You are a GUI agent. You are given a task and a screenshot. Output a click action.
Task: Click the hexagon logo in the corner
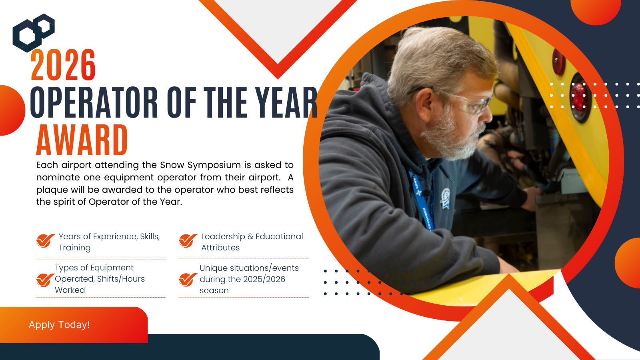[34, 33]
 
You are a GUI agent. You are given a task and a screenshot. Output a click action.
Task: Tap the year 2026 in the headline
[63, 65]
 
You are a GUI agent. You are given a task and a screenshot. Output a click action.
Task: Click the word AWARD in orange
[82, 140]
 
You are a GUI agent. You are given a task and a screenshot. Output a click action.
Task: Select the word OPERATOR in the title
[94, 102]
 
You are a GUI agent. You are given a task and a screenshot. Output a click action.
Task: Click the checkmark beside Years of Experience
[45, 240]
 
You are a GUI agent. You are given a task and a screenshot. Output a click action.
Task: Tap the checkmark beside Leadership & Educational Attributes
[188, 240]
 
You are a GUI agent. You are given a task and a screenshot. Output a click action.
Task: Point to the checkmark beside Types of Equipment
[45, 280]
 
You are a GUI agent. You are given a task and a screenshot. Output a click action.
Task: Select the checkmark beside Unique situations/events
[188, 280]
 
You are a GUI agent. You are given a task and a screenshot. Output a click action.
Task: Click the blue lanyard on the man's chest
[421, 200]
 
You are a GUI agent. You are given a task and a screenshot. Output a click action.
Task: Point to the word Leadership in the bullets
[223, 236]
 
